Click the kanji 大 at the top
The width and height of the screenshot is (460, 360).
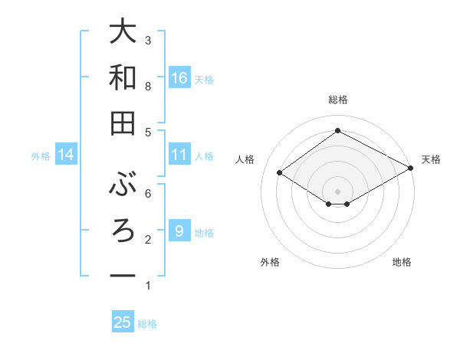click(x=123, y=34)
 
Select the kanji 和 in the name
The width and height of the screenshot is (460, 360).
click(x=123, y=78)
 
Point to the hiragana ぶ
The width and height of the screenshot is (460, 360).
click(x=123, y=185)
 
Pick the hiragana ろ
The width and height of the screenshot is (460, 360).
click(x=123, y=231)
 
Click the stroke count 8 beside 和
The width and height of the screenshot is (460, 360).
click(x=148, y=87)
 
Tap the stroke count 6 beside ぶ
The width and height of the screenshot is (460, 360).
click(x=148, y=193)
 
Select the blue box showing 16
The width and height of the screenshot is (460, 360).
click(x=179, y=78)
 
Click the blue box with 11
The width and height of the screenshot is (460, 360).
click(x=179, y=155)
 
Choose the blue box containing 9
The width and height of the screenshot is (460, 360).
click(x=179, y=231)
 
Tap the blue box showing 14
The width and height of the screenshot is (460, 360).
click(x=66, y=155)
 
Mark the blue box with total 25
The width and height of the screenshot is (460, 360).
click(x=123, y=322)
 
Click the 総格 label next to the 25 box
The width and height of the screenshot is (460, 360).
click(x=147, y=324)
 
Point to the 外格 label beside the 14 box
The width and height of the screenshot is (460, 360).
click(x=41, y=156)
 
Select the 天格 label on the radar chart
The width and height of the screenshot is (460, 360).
click(x=431, y=159)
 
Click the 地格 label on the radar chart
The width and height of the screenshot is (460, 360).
click(x=402, y=262)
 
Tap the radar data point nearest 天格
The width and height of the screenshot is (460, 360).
click(x=411, y=169)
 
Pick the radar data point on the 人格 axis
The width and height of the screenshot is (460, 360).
click(x=280, y=173)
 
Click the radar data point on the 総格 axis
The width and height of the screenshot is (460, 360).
click(x=337, y=130)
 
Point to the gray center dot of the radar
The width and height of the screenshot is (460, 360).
click(x=337, y=190)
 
